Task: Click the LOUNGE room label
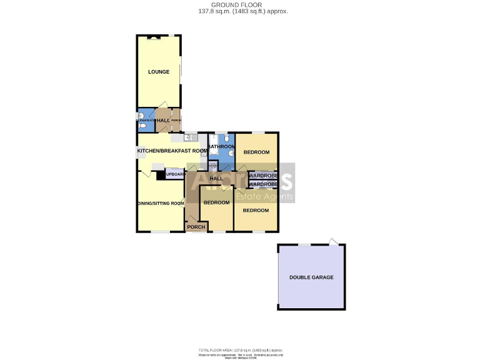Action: pos(159,72)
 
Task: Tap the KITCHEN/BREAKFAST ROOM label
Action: pos(172,151)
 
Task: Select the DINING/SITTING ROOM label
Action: pos(161,203)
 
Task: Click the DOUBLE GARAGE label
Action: pos(311,277)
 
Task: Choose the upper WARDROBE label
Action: pos(263,176)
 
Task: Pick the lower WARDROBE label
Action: pos(263,184)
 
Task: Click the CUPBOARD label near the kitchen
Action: pos(175,174)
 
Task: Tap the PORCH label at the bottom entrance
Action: pos(196,227)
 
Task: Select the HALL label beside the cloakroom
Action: pos(163,121)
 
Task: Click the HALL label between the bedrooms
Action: pos(216,179)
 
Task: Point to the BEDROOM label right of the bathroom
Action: pos(256,152)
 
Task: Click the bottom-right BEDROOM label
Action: pos(256,211)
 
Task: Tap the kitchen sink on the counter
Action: pos(190,137)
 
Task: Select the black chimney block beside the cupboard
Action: pos(161,176)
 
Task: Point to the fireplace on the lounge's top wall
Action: pos(154,37)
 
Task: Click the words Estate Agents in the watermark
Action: pos(264,197)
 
